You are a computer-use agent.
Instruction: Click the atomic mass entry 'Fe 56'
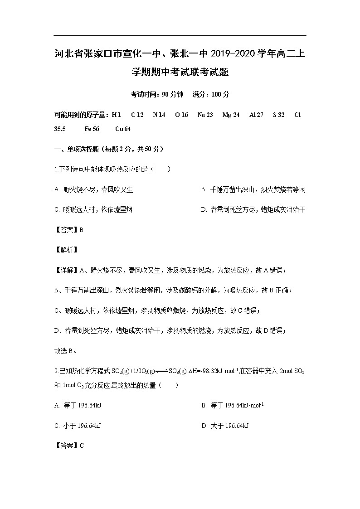tap(92, 129)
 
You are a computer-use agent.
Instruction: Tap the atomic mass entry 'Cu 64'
tap(123, 129)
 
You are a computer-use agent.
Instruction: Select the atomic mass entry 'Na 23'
tap(205, 115)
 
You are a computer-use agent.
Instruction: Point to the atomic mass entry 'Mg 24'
tap(231, 115)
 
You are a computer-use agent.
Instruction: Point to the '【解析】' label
tap(66, 250)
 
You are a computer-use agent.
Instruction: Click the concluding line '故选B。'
tap(65, 350)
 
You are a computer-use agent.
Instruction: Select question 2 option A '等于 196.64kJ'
tap(78, 406)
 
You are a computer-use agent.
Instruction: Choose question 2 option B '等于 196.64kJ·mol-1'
tap(233, 406)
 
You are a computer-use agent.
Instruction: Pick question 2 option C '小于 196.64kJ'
tap(78, 426)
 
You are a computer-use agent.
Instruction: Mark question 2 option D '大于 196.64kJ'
tap(225, 426)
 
